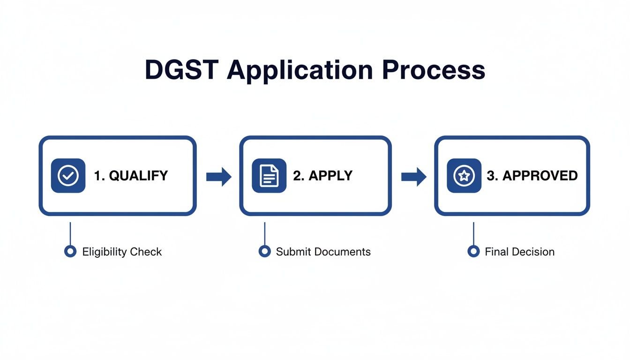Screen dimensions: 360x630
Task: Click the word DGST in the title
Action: coord(182,70)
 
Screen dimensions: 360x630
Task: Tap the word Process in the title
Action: coord(433,70)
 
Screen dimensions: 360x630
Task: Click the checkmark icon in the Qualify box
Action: coord(68,176)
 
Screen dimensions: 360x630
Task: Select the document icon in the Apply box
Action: coord(269,176)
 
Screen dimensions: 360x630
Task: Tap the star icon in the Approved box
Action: coord(464,176)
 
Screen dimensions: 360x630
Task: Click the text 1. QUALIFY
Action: coord(131,176)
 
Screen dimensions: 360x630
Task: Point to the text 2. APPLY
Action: coord(322,176)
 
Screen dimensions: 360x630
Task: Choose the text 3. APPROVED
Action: coord(532,176)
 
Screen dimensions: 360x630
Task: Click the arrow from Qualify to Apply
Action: coord(219,176)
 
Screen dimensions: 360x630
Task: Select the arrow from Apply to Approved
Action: coord(414,176)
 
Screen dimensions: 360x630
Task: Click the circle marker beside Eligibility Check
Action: coord(70,252)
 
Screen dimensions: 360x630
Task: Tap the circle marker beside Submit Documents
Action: coord(265,252)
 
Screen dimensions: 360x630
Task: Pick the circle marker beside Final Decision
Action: coord(473,252)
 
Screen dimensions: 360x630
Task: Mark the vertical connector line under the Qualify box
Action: coord(70,232)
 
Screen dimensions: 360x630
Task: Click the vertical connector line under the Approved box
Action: coord(473,232)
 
